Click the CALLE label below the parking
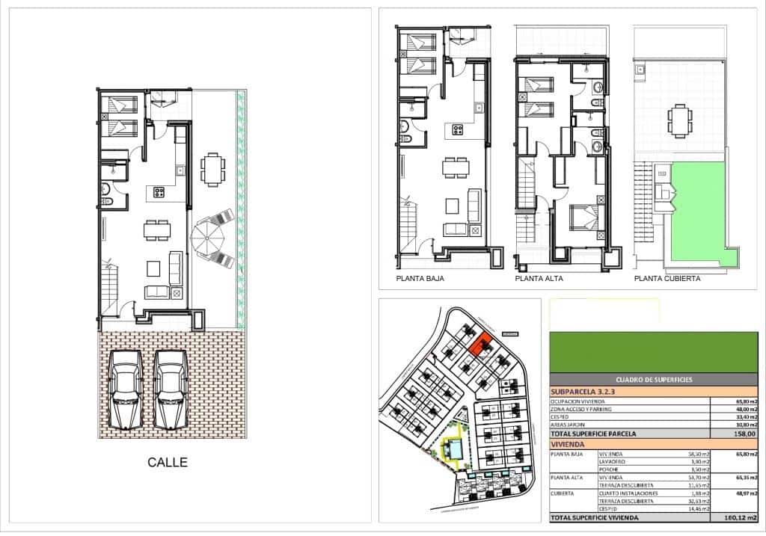[x=167, y=463]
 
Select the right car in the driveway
[x=171, y=389]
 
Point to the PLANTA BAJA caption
[x=420, y=279]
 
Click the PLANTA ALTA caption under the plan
[x=539, y=279]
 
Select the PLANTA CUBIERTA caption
[x=667, y=279]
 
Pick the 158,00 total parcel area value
[x=744, y=434]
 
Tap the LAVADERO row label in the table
[x=613, y=463]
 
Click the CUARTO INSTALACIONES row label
[x=629, y=493]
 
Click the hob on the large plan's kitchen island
[x=159, y=192]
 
